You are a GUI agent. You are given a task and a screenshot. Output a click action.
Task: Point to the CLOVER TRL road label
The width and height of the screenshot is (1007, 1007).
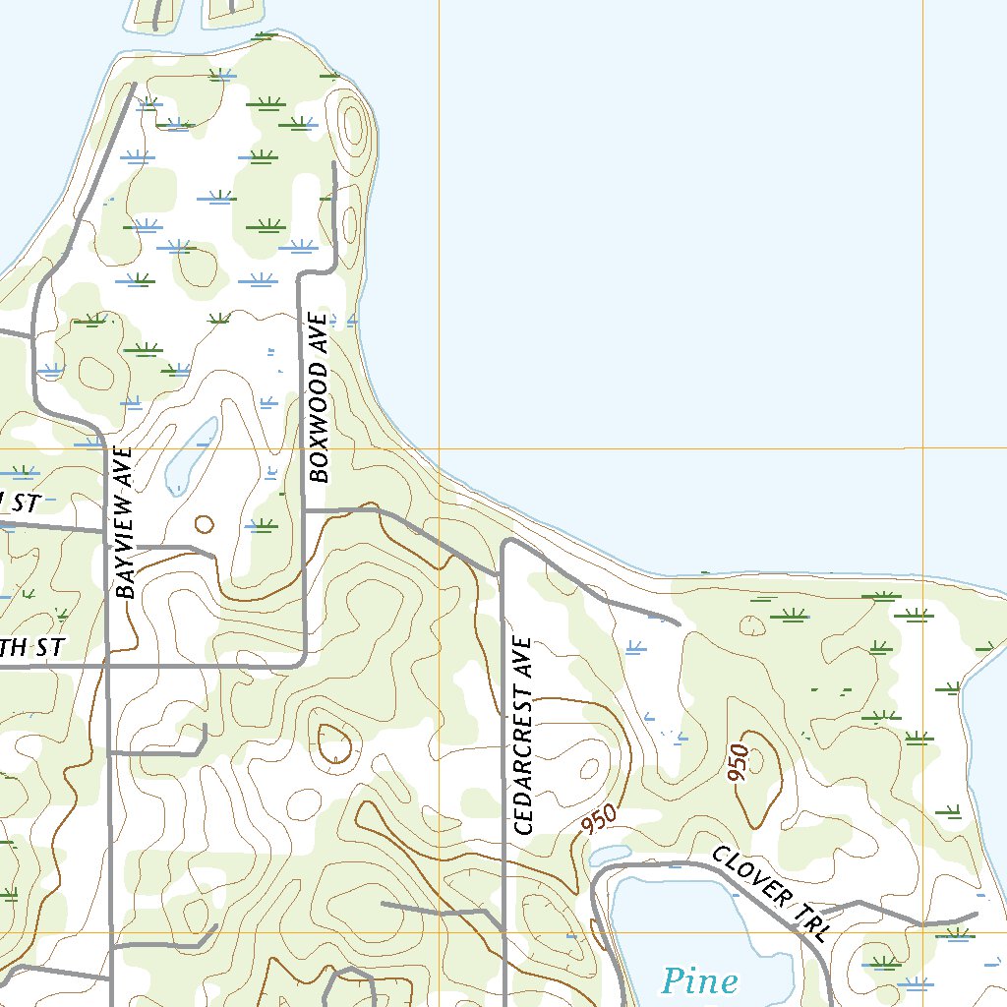pos(770,895)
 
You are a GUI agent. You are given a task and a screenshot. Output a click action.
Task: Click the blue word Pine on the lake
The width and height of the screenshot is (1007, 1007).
pos(699,980)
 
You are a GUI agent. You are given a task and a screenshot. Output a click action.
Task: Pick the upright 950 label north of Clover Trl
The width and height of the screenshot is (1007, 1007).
pos(740,763)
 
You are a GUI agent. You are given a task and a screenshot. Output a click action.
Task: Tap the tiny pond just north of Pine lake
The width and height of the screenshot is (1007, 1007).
pos(609,855)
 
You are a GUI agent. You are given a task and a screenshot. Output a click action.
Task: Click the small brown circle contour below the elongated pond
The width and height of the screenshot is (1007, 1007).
pos(204,524)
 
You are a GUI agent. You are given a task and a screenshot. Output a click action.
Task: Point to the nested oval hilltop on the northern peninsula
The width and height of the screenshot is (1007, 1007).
pos(352,125)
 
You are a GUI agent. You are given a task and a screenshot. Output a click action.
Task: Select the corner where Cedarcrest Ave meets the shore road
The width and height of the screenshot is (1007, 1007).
pos(504,543)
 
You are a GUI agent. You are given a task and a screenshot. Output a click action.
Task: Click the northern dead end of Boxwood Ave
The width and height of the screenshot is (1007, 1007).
pos(335,164)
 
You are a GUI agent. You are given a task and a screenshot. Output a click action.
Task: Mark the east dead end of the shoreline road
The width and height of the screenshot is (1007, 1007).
pos(679,622)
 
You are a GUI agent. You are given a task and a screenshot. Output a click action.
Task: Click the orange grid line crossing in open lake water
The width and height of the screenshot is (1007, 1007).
pos(923,448)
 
